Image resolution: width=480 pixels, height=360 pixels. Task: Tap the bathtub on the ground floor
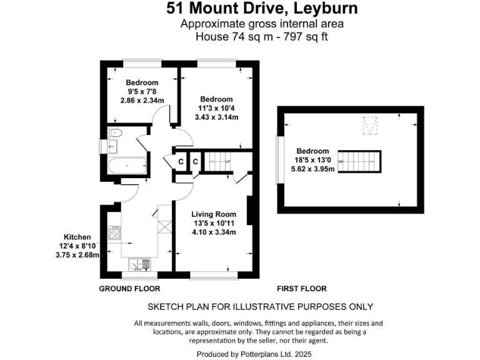(127, 166)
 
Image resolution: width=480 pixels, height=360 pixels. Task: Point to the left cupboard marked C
(181, 162)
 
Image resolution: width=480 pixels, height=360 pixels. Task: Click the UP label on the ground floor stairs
(227, 162)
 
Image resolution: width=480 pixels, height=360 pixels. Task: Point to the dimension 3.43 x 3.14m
(217, 117)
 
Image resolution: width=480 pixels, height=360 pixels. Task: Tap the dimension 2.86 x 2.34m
(142, 100)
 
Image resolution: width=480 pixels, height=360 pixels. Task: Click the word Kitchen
(77, 237)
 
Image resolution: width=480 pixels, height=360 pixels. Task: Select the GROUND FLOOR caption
(130, 289)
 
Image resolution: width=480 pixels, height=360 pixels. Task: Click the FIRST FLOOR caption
(302, 289)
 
